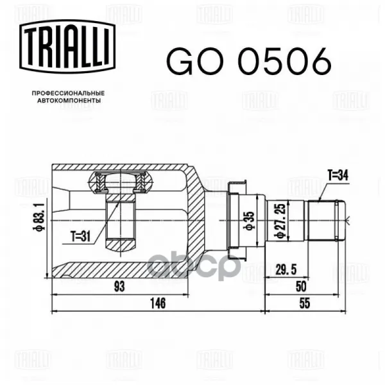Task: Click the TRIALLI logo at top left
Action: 67,46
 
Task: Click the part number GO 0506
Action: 249,62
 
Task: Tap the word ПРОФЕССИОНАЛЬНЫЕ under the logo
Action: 68,93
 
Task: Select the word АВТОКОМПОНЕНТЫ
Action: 69,101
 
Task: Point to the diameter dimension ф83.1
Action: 39,216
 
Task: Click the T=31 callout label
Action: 81,237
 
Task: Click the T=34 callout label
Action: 338,175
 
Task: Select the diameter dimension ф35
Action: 249,221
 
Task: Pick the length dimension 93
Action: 119,287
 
